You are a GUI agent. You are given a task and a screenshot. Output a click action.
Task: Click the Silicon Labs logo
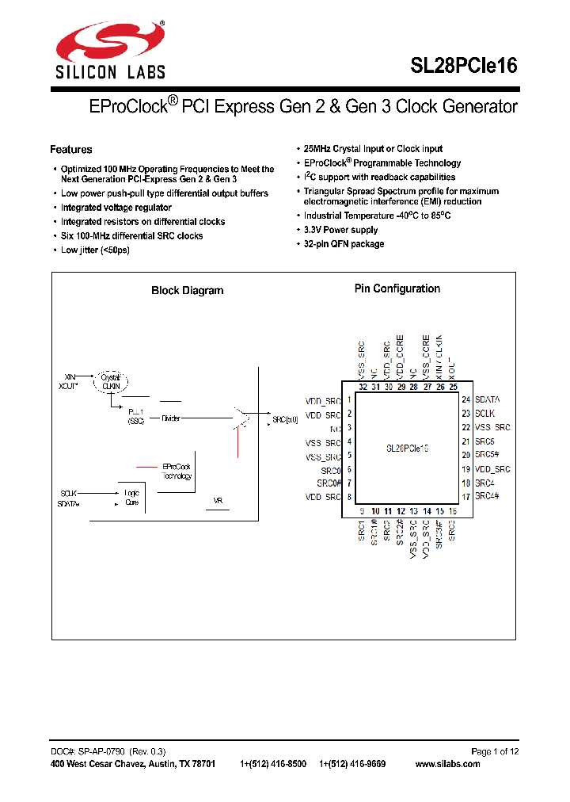pyautogui.click(x=109, y=49)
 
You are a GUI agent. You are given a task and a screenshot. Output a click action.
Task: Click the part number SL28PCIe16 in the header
pyautogui.click(x=463, y=66)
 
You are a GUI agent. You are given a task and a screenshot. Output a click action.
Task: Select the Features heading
pyautogui.click(x=70, y=150)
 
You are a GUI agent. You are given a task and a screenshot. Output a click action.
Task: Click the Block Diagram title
pyautogui.click(x=187, y=291)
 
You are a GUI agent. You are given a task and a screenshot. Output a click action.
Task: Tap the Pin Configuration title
pyautogui.click(x=397, y=289)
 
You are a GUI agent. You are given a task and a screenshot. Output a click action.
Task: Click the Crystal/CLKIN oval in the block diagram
pyautogui.click(x=111, y=381)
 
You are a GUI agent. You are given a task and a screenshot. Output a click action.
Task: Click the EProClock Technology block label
pyautogui.click(x=177, y=472)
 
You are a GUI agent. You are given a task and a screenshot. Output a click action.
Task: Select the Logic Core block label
pyautogui.click(x=132, y=497)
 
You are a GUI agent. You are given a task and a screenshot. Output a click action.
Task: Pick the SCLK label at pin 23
pyautogui.click(x=484, y=414)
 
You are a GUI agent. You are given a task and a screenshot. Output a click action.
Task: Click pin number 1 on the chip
pyautogui.click(x=349, y=400)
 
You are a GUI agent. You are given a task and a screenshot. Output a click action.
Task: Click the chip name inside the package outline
pyautogui.click(x=407, y=448)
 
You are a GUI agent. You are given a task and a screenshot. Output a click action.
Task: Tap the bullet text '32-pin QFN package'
pyautogui.click(x=344, y=244)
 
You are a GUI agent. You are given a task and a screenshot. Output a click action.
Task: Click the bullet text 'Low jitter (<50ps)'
pyautogui.click(x=95, y=250)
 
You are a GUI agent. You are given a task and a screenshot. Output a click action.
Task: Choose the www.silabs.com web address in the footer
pyautogui.click(x=447, y=764)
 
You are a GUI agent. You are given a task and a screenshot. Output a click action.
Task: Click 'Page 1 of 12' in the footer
pyautogui.click(x=495, y=751)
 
